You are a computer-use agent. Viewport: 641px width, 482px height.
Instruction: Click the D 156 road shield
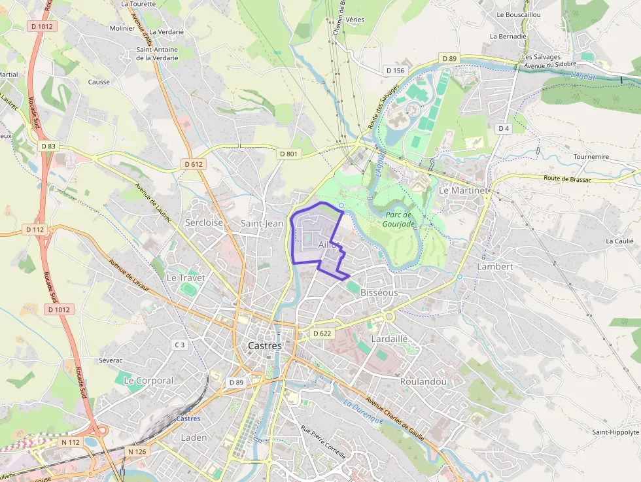[395, 70]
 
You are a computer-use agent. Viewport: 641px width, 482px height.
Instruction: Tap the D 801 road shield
[288, 154]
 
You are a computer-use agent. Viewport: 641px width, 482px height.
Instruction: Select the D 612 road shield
[193, 164]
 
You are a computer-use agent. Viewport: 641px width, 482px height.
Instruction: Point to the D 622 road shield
[322, 334]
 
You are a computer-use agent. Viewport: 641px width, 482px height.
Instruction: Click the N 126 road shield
[137, 451]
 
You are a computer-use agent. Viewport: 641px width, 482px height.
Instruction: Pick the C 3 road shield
[180, 345]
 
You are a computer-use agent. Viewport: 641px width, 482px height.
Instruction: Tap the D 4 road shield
[503, 128]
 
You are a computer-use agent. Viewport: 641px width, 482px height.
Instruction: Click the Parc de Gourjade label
[398, 219]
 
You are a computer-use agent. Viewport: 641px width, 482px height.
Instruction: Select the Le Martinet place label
[462, 190]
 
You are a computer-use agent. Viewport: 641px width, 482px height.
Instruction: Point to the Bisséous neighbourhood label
[379, 292]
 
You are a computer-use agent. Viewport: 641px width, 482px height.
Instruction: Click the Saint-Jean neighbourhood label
[262, 223]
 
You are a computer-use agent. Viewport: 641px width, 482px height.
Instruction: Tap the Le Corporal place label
[148, 380]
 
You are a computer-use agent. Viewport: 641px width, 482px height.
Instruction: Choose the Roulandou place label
[423, 381]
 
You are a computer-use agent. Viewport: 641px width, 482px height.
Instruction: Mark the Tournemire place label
[591, 157]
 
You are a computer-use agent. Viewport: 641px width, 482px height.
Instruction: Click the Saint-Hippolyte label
[615, 432]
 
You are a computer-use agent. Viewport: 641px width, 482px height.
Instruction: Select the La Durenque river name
[363, 412]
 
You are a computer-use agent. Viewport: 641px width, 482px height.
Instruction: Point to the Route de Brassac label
[567, 179]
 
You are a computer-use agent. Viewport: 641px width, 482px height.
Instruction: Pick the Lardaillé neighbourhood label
[389, 339]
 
